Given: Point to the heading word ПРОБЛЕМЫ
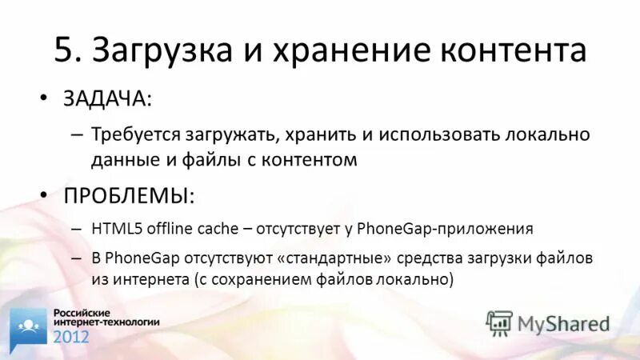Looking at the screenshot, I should [128, 196].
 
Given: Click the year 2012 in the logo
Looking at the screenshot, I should [72, 335].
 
